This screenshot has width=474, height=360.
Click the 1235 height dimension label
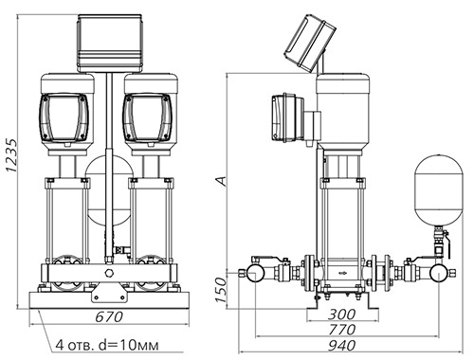11,155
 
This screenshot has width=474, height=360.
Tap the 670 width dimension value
109,317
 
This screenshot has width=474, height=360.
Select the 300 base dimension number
341,315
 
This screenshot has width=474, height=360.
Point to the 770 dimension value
341,330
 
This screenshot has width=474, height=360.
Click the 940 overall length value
341,346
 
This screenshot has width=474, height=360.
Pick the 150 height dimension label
222,290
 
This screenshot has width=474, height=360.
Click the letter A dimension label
221,181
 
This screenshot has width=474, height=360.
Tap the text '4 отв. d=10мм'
107,345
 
